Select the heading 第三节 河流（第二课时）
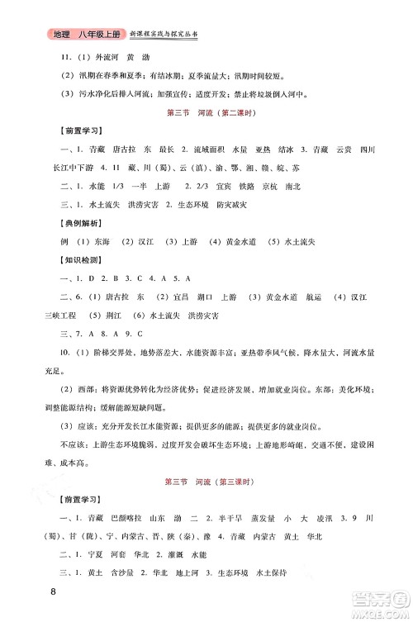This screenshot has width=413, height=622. tap(206, 112)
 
